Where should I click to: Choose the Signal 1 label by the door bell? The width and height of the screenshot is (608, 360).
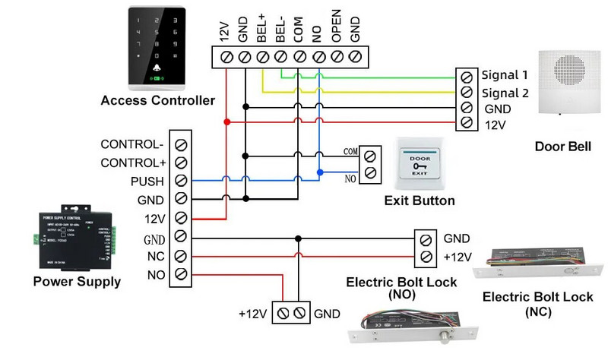coord(505,75)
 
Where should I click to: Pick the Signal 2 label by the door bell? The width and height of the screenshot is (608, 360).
coord(505,93)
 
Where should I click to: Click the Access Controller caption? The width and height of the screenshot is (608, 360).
coord(157,100)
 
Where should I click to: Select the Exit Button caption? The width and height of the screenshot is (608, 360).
coord(420,201)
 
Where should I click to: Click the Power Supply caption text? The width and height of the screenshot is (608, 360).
coord(77,282)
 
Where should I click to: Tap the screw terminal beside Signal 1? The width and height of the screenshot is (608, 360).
coord(466,76)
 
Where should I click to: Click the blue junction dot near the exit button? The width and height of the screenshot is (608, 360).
coord(319,172)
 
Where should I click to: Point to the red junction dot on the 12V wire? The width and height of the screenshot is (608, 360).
coord(226,122)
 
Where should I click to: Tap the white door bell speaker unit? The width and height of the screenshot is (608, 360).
coord(563,81)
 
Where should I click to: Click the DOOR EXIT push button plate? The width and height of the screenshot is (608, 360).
coord(420,164)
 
